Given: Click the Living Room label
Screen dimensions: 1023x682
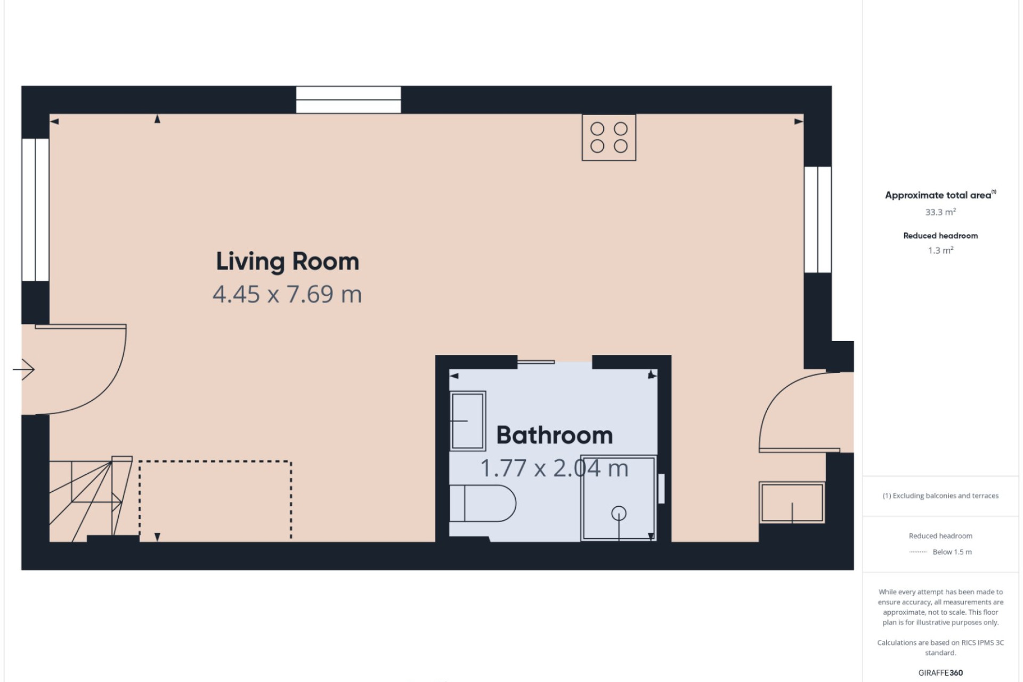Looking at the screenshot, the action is click(x=287, y=262).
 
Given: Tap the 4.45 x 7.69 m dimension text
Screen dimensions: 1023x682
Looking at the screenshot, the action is click(x=287, y=294).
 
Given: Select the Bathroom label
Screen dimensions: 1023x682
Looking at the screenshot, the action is click(x=555, y=435).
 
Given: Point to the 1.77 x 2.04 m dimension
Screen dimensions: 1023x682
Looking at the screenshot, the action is click(x=555, y=468).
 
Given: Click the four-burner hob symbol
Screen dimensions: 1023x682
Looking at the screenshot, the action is click(x=609, y=137).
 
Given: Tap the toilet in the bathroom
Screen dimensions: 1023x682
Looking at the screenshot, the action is click(x=483, y=503).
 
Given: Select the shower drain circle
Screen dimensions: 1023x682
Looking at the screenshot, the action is click(x=619, y=514).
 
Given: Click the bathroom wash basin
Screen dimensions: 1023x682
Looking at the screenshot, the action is click(x=468, y=421).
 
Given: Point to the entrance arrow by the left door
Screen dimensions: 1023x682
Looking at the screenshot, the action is click(x=23, y=369).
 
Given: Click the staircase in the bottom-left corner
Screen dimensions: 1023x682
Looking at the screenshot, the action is click(x=91, y=499).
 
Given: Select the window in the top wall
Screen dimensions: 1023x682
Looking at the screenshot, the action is click(x=348, y=100).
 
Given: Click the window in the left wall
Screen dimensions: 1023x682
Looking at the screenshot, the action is click(x=35, y=210).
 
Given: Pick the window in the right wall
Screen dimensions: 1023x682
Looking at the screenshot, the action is click(x=818, y=220).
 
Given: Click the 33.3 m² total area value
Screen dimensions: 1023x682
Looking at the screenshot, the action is click(x=940, y=212).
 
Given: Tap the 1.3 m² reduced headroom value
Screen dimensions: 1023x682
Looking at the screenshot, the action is click(x=940, y=250).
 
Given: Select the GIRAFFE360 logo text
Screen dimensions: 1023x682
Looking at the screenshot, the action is click(x=940, y=673).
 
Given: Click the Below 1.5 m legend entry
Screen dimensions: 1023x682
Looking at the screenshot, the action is click(x=952, y=552).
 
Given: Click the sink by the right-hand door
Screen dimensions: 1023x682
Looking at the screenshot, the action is click(x=792, y=502).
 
